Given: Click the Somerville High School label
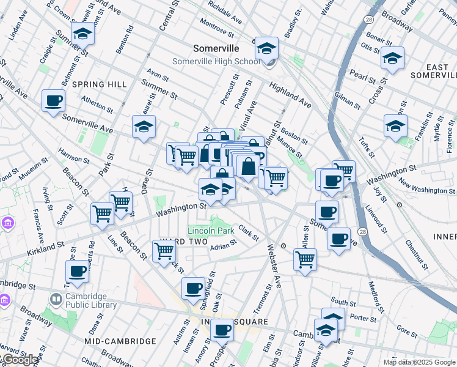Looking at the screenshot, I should point(216,61).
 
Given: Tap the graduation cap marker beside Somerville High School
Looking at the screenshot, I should point(266,48).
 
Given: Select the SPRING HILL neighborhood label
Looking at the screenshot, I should point(99,84).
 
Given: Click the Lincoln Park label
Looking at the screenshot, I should point(211,231).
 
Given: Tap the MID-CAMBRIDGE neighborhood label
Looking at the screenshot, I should point(120,341).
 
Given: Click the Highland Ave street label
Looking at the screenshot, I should point(290,96).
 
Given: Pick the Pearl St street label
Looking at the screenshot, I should point(362,76).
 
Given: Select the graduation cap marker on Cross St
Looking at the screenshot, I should point(392,59).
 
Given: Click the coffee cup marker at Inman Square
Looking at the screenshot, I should point(222,330).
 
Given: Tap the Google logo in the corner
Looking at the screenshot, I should point(20,360).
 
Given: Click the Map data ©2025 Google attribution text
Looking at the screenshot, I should point(419,362).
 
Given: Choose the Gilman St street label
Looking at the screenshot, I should point(348,97).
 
